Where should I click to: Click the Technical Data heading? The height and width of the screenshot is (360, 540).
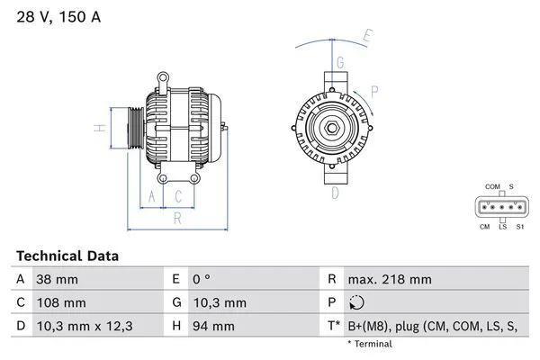click(67, 256)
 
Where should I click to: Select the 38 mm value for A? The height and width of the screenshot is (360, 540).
click(57, 280)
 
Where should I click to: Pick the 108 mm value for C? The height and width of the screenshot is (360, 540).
click(60, 303)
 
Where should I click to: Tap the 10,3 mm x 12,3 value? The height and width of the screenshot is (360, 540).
click(84, 327)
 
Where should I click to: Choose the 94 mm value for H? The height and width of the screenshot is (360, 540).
click(214, 327)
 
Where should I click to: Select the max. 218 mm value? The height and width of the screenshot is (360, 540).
click(391, 280)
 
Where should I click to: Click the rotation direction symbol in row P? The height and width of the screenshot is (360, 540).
click(358, 303)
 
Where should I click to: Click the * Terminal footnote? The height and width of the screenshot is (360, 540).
click(370, 344)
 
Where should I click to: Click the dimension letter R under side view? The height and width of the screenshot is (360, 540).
click(177, 217)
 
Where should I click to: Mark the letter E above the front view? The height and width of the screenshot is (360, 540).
click(367, 36)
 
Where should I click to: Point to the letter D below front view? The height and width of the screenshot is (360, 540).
click(335, 193)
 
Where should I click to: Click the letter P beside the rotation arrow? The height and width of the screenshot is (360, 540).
click(373, 90)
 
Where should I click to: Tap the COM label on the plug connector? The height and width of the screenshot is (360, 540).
click(492, 186)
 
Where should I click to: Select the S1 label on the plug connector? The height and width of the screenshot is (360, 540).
click(520, 226)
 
